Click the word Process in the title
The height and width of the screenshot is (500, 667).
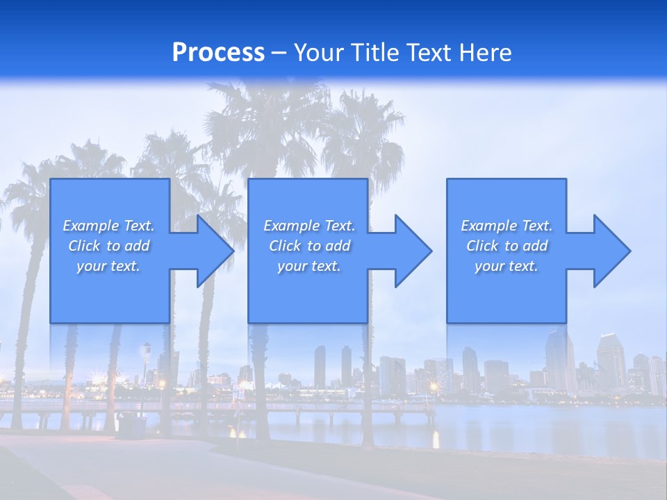tap(218, 53)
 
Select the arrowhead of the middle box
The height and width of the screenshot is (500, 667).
tap(412, 251)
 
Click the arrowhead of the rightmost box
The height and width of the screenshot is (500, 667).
tap(611, 251)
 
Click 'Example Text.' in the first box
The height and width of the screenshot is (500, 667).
tap(108, 226)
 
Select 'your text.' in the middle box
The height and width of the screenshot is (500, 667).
tap(309, 266)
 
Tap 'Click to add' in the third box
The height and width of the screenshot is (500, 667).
tap(507, 246)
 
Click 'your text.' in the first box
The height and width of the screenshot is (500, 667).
tap(108, 266)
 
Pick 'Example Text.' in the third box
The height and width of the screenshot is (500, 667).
tap(507, 226)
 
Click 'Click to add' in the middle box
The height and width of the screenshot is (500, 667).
tap(309, 246)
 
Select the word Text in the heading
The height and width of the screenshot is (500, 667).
tap(428, 53)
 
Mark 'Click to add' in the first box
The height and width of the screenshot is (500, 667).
tap(108, 246)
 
